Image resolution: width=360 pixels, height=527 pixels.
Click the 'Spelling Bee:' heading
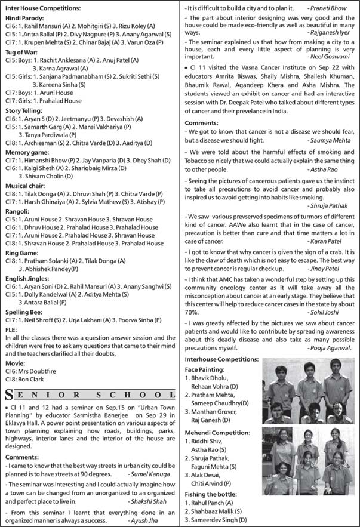25,329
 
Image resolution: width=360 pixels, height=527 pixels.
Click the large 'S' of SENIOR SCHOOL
9,394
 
